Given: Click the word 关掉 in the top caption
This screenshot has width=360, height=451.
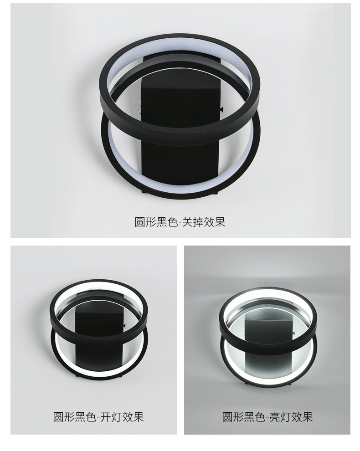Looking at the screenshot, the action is pyautogui.click(x=193, y=222).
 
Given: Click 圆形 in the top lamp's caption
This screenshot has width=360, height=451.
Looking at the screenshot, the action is pyautogui.click(x=145, y=222).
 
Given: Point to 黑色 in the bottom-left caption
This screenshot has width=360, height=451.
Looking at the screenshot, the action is pyautogui.click(x=86, y=417).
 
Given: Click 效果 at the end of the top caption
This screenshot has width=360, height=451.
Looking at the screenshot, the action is pyautogui.click(x=215, y=222).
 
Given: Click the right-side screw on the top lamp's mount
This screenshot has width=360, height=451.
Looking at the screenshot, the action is pyautogui.click(x=222, y=109).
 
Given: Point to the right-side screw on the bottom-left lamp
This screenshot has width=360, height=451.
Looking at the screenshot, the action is pyautogui.click(x=124, y=325).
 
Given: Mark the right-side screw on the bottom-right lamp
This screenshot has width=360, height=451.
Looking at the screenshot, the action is pyautogui.click(x=293, y=333).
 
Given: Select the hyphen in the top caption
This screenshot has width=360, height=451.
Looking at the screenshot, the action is pyautogui.click(x=180, y=223).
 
